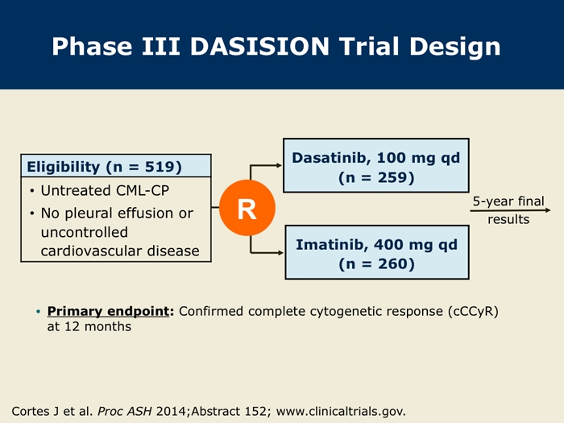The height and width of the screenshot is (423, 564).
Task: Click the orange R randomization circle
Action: (247, 208)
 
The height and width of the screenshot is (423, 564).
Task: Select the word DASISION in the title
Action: (259, 47)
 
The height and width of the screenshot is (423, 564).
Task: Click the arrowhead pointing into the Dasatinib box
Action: (279, 165)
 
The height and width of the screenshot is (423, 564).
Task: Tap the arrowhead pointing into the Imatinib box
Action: (280, 253)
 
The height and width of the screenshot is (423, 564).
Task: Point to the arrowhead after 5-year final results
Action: (548, 210)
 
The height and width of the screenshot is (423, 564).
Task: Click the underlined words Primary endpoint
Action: (108, 311)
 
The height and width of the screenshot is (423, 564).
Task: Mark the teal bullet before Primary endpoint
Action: (39, 312)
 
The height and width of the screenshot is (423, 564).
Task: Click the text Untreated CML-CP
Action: (105, 191)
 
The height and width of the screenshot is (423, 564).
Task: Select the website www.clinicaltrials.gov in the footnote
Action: (341, 411)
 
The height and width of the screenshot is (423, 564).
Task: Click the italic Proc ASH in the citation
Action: (125, 411)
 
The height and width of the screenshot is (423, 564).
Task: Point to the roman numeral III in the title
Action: (161, 47)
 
